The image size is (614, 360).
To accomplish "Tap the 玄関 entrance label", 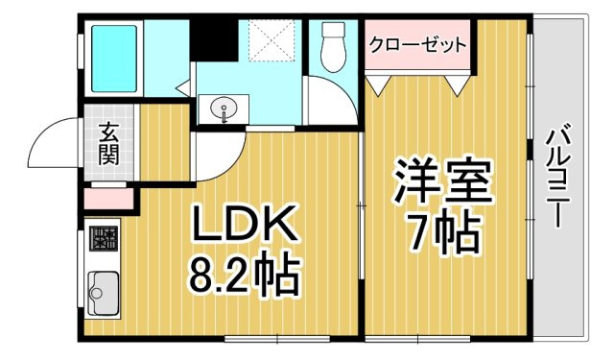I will (x=108, y=145).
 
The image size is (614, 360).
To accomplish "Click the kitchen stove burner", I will (x=104, y=237).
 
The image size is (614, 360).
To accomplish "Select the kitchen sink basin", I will (x=104, y=286).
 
